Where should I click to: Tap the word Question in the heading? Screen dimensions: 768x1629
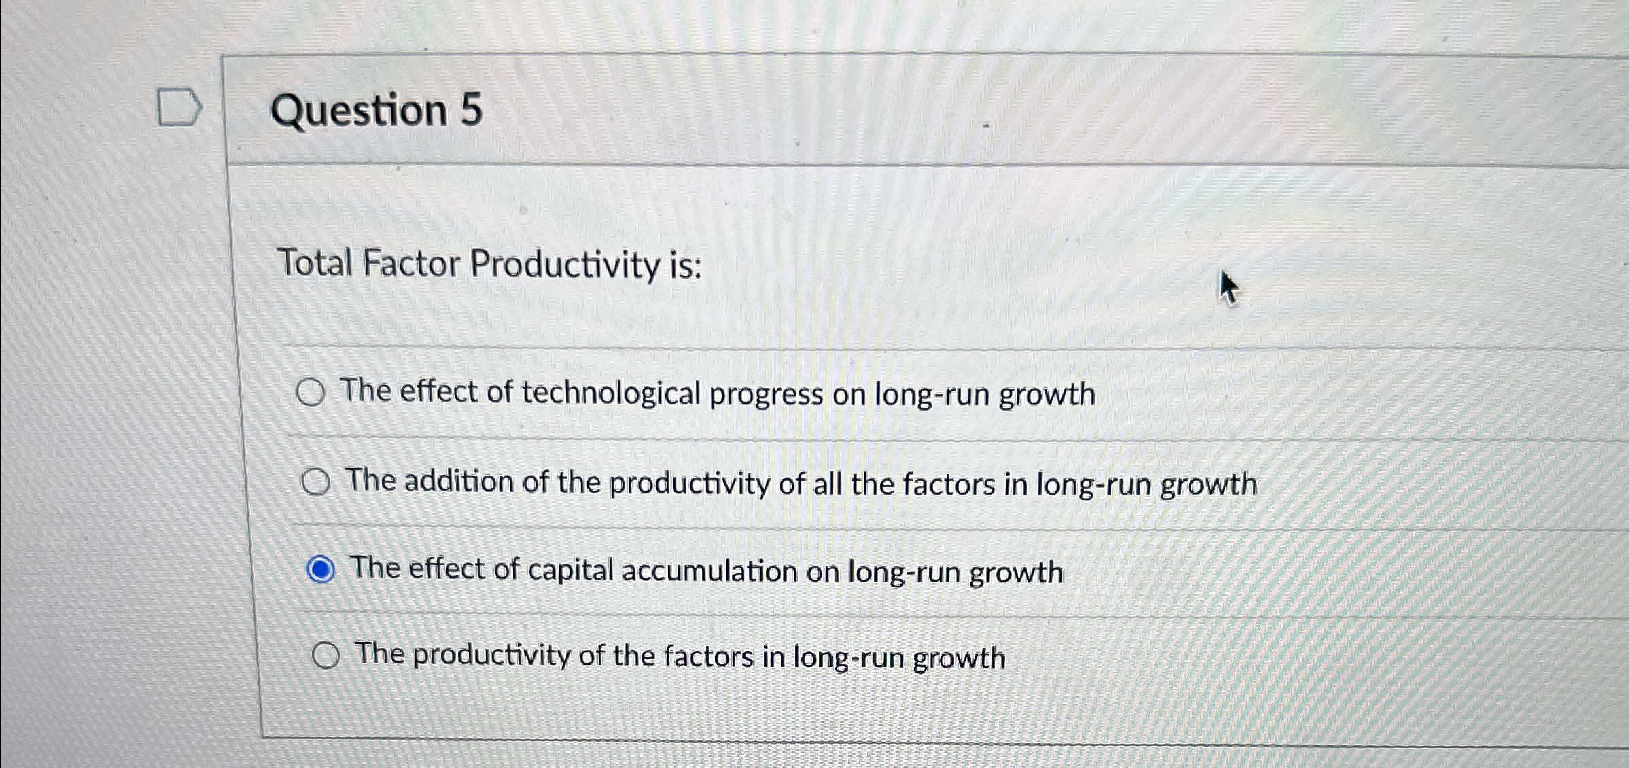(359, 111)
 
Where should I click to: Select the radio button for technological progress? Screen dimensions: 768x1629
(311, 393)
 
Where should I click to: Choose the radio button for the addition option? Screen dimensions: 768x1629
(316, 483)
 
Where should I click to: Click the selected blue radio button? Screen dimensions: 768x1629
(321, 570)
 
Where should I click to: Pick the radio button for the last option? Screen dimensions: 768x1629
(326, 656)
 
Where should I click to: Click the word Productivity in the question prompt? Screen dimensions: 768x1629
(564, 265)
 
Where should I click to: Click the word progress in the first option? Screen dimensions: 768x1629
(766, 396)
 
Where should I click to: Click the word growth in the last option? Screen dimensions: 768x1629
(959, 659)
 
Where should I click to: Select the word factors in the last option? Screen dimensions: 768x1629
(708, 657)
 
